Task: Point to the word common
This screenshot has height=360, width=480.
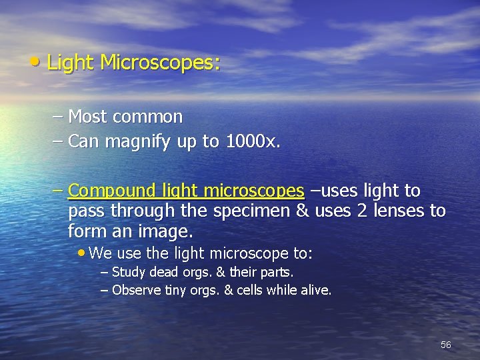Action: point(147,117)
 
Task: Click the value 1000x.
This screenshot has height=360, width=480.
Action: point(253,141)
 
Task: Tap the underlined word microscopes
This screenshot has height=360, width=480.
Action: point(253,191)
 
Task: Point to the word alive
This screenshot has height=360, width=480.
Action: point(315,290)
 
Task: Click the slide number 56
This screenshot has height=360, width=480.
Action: point(446,345)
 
